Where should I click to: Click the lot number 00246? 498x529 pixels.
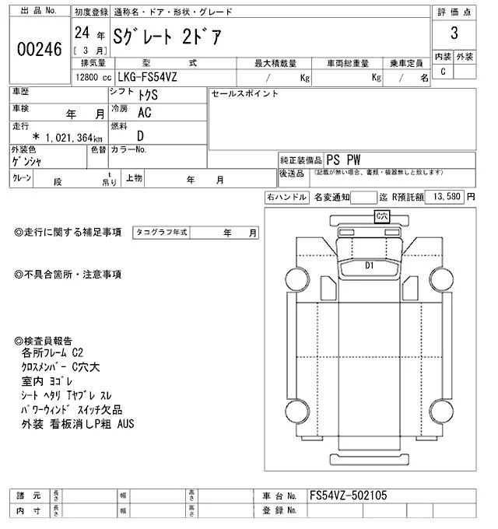(38, 48)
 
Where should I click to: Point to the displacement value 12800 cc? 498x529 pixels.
(86, 78)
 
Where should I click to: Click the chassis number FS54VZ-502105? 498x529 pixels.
(348, 495)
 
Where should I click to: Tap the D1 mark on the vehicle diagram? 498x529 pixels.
(370, 265)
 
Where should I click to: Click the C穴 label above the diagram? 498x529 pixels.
(381, 215)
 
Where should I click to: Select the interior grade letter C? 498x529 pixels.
(443, 72)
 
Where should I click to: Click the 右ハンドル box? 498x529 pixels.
(286, 198)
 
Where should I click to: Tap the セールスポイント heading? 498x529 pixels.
(245, 93)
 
